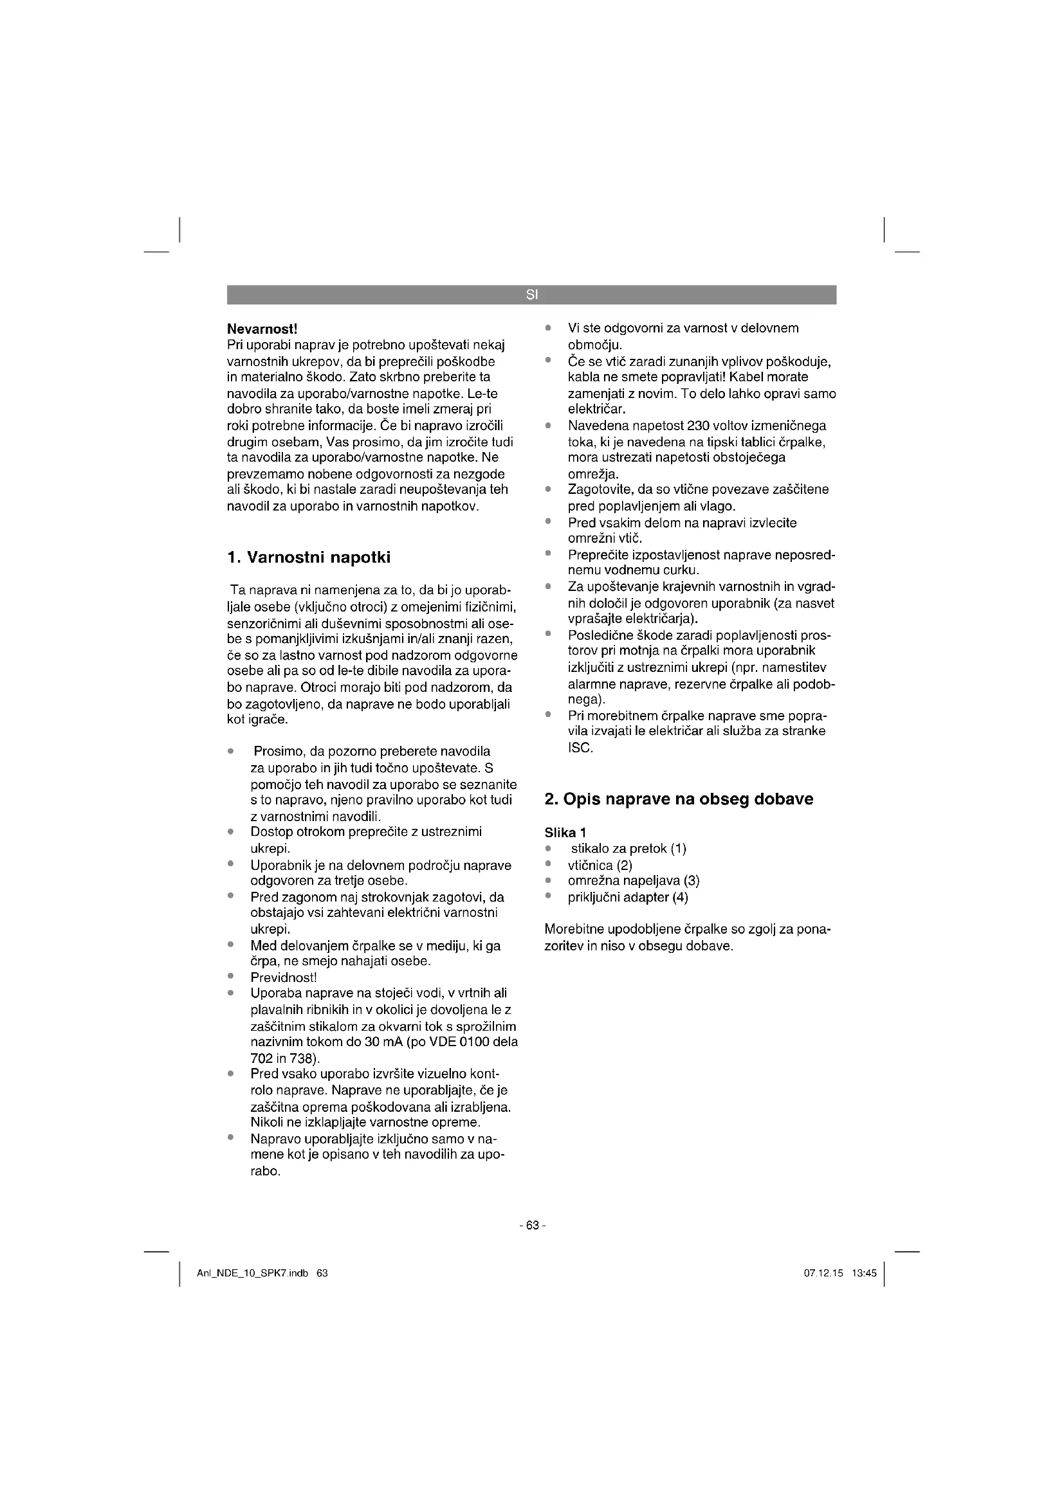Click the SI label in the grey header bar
531,295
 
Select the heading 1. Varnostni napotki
309,557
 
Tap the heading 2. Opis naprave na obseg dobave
679,799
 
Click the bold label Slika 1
565,833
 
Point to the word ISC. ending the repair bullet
580,747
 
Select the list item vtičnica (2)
600,865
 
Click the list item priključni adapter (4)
628,898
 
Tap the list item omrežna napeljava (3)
634,881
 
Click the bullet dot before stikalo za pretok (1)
548,849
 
